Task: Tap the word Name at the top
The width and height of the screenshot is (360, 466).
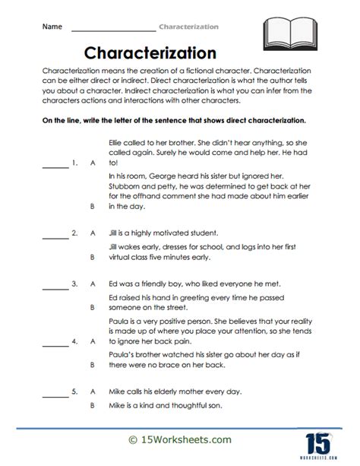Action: [x=51, y=27]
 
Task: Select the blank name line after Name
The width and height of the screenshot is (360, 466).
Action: [x=112, y=29]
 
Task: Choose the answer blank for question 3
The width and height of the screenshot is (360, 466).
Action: [x=55, y=283]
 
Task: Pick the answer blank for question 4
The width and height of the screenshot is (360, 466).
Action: [x=55, y=341]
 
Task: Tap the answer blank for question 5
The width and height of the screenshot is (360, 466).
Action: [x=55, y=392]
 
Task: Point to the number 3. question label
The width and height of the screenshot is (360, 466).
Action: [x=74, y=283]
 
